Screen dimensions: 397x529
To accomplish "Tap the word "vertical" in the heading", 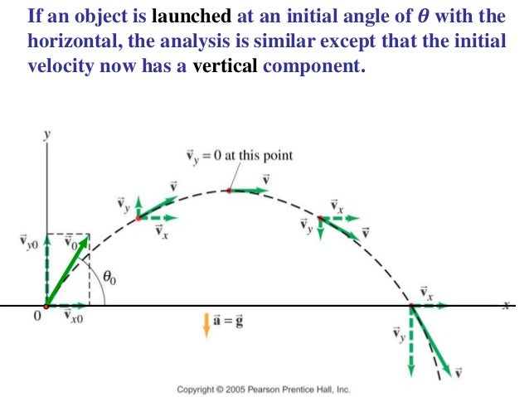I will pyautogui.click(x=226, y=67).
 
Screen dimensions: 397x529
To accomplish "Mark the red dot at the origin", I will pyautogui.click(x=46, y=306).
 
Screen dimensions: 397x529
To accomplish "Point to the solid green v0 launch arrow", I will pyautogui.click(x=68, y=270).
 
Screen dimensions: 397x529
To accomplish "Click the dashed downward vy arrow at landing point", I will pyautogui.click(x=410, y=340).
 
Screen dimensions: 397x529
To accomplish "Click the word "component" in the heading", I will pyautogui.click(x=314, y=67).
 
